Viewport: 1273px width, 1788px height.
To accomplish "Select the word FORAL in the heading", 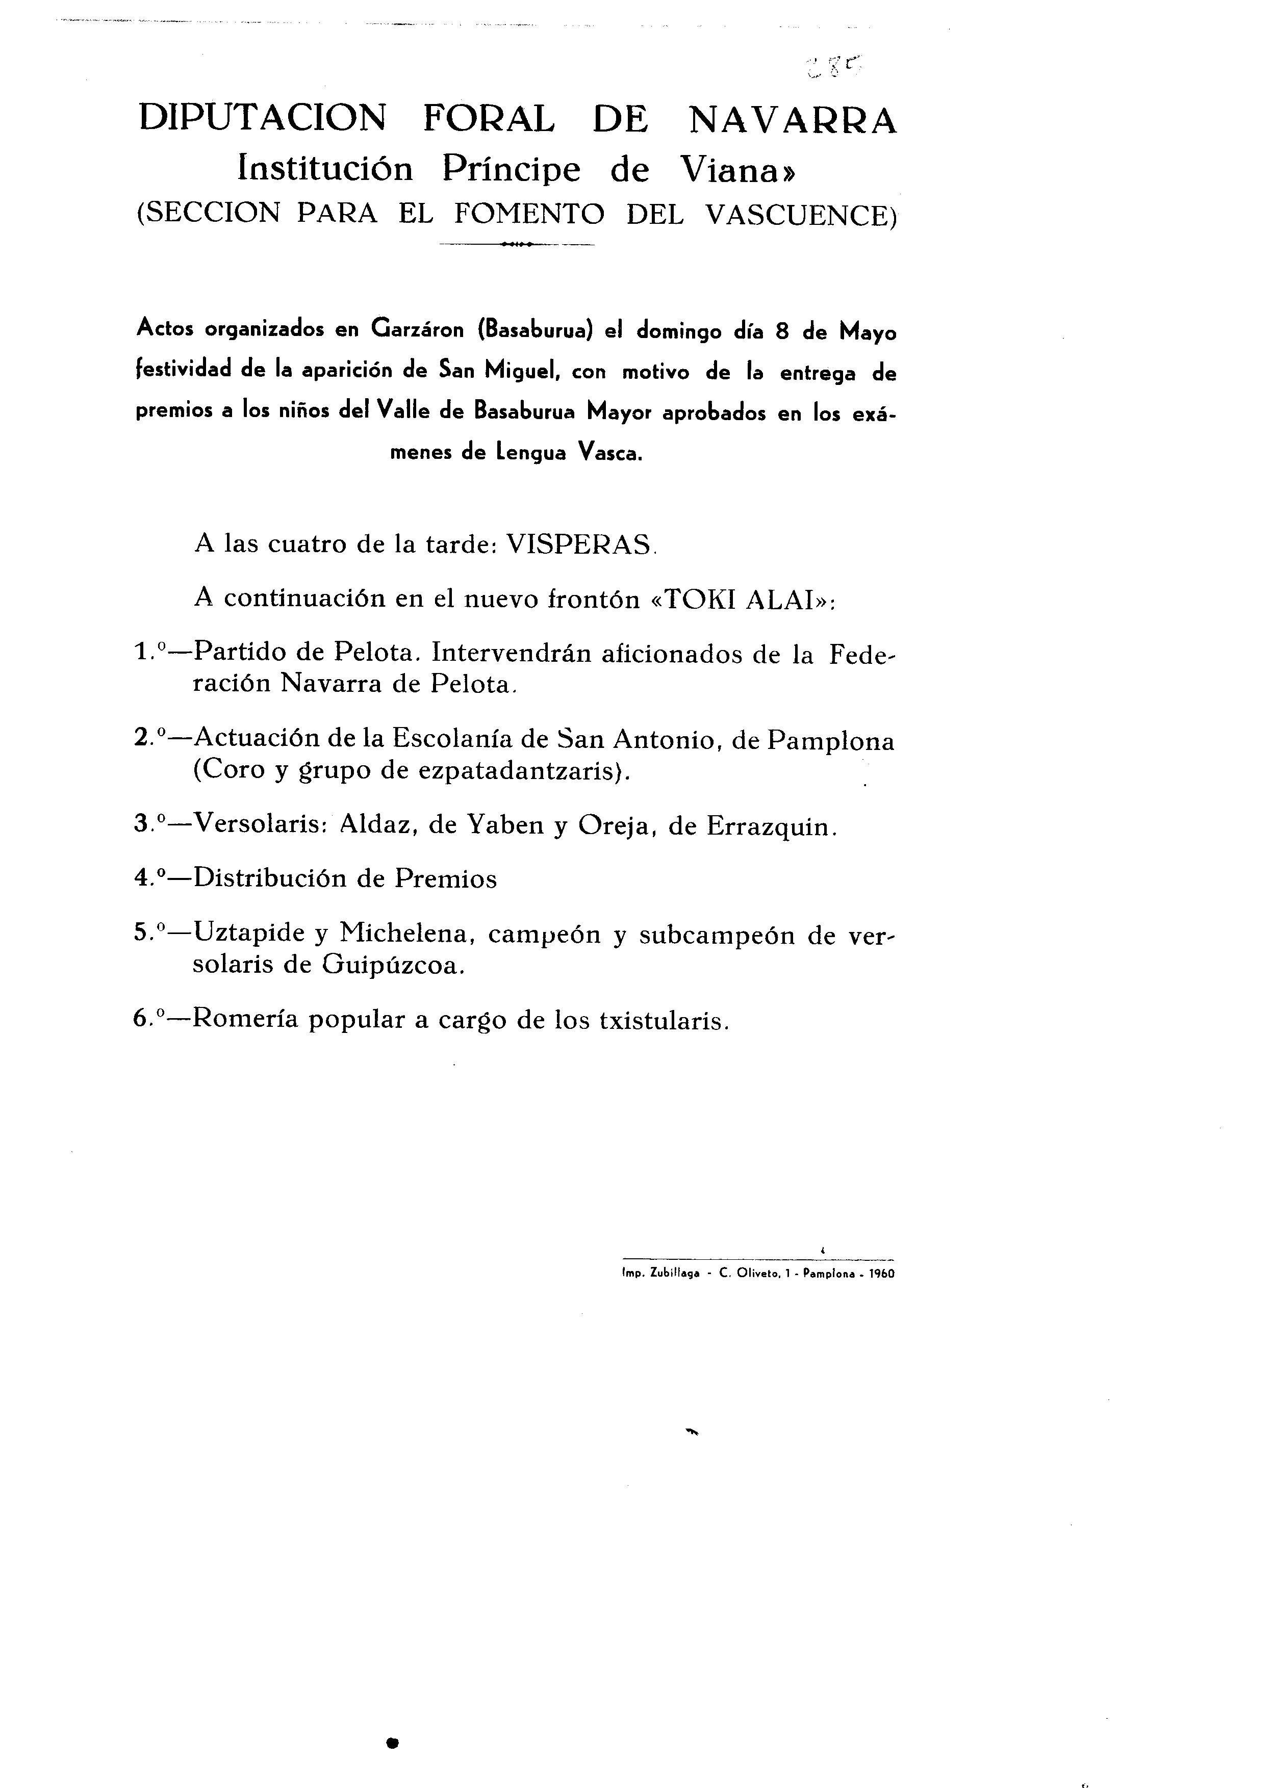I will [x=489, y=120].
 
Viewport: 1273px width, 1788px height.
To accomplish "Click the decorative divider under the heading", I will [x=517, y=244].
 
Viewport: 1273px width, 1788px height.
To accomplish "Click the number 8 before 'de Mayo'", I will [x=781, y=331].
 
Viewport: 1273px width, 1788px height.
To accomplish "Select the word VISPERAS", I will [x=578, y=544].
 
